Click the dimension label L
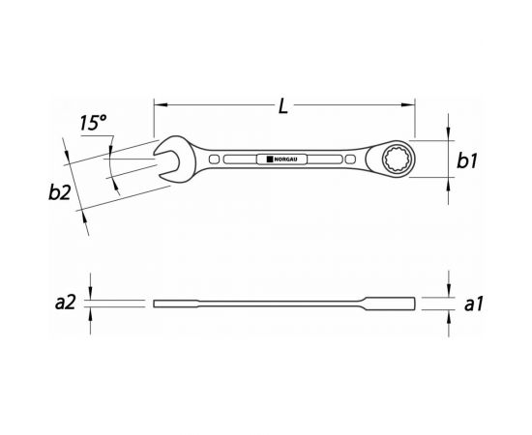(x=283, y=105)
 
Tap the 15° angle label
(x=93, y=123)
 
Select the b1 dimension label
(x=467, y=160)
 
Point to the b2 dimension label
(x=59, y=192)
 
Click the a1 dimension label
(x=473, y=304)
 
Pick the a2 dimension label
(x=65, y=303)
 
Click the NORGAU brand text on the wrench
(x=285, y=159)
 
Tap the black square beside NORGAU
(x=270, y=159)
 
